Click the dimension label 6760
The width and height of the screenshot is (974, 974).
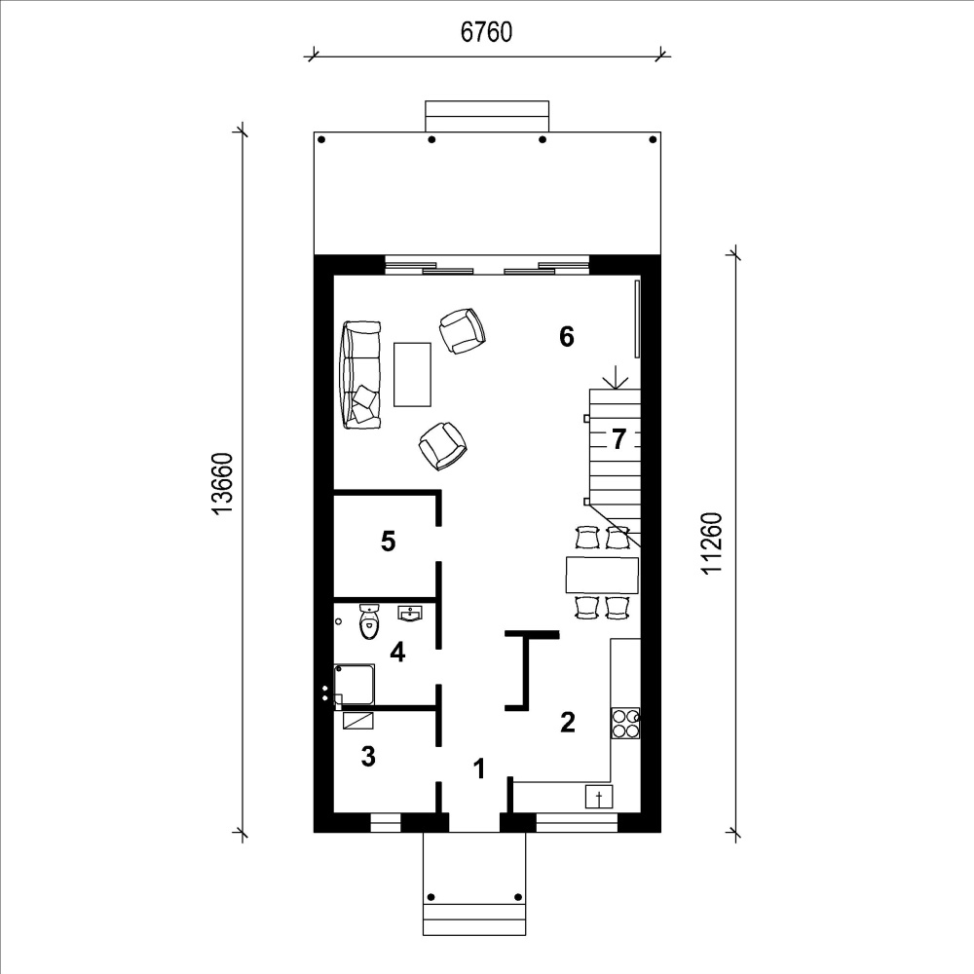(x=486, y=32)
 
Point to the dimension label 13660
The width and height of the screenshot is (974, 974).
(x=222, y=483)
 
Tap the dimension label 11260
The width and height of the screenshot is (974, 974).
(x=713, y=543)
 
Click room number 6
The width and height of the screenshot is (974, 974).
(x=567, y=337)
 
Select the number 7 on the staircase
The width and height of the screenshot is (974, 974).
(x=618, y=439)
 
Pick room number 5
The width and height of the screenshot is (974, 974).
(x=389, y=541)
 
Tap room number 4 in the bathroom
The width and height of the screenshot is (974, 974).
(x=397, y=653)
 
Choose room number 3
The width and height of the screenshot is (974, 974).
(x=368, y=757)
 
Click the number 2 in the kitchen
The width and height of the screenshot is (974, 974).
(x=568, y=722)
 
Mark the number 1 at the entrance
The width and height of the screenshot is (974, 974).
(x=479, y=768)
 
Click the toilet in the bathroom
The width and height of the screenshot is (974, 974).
(x=369, y=621)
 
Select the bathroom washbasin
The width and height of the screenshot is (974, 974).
(x=410, y=614)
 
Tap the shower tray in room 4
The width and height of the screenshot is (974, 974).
(x=355, y=685)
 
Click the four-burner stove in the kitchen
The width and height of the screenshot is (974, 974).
(x=625, y=723)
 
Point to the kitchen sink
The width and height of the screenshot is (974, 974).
(x=599, y=797)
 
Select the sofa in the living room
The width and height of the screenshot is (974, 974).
(x=360, y=375)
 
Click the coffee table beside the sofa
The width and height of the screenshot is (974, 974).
(x=412, y=375)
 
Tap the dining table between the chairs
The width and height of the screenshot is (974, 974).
(x=602, y=576)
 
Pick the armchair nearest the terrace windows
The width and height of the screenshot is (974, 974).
(x=462, y=331)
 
